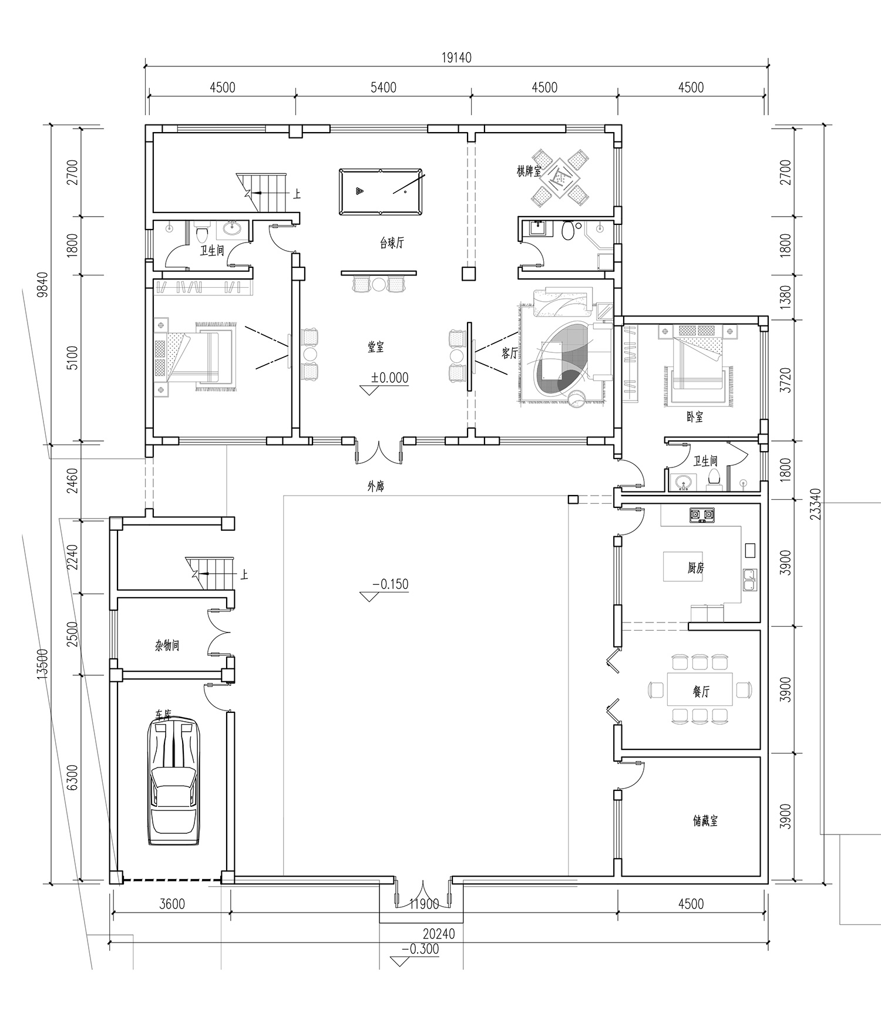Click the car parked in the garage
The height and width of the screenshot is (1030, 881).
(x=174, y=782)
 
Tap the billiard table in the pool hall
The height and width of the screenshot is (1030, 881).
(x=381, y=191)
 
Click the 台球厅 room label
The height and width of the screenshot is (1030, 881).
(x=392, y=243)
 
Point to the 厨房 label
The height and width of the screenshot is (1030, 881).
(x=695, y=568)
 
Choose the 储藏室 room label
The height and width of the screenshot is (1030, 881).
(x=705, y=821)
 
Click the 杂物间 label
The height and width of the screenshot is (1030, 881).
(x=167, y=646)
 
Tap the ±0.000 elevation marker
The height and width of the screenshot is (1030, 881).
(x=389, y=378)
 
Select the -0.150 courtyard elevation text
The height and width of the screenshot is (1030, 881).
(x=390, y=585)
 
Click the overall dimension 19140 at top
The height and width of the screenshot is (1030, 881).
(x=456, y=58)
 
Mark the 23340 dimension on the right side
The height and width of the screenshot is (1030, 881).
(x=816, y=503)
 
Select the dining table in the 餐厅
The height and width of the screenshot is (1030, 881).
(x=700, y=688)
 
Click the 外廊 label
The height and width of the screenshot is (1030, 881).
(x=376, y=487)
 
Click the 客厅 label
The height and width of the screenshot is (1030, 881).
(x=510, y=353)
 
